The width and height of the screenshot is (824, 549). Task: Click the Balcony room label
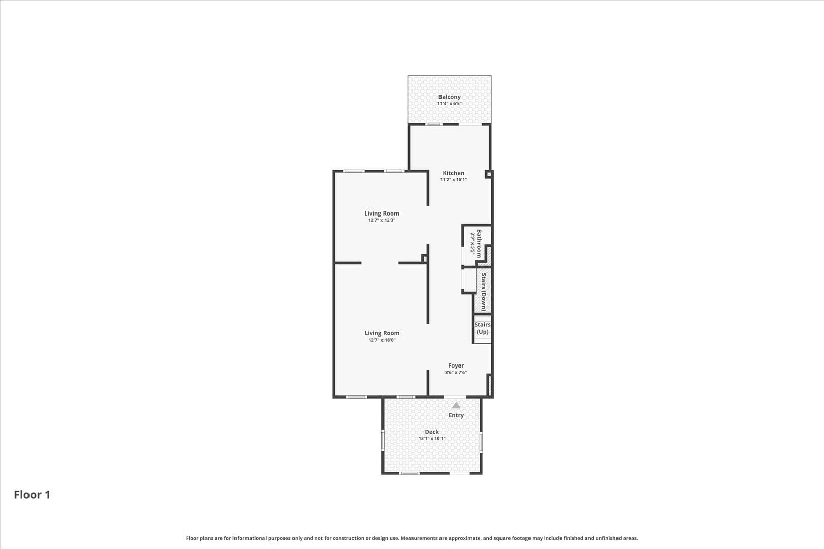tap(449, 97)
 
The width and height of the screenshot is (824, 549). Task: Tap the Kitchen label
tap(453, 173)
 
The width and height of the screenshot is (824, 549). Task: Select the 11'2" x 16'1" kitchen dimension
tap(453, 180)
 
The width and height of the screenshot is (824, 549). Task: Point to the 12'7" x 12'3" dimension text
tap(381, 220)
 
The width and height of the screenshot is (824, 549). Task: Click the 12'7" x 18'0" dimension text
tap(382, 340)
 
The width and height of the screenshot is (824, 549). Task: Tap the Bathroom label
tap(479, 243)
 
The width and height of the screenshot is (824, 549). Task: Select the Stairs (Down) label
tap(483, 292)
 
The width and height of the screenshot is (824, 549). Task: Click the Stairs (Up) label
tap(482, 328)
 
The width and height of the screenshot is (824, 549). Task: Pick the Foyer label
tap(456, 365)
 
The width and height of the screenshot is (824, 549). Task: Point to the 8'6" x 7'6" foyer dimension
tap(456, 372)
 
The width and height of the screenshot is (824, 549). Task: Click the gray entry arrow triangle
tap(456, 405)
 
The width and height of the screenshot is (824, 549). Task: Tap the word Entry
tap(456, 415)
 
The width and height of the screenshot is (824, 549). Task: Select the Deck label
tap(432, 432)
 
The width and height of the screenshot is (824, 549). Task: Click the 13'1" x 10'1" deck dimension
tap(432, 438)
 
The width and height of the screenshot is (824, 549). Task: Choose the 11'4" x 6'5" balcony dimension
tap(449, 103)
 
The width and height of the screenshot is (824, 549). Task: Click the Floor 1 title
tap(32, 495)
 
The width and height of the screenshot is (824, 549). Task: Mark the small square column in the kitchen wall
tap(488, 174)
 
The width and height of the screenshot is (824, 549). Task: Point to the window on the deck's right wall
tap(481, 442)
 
